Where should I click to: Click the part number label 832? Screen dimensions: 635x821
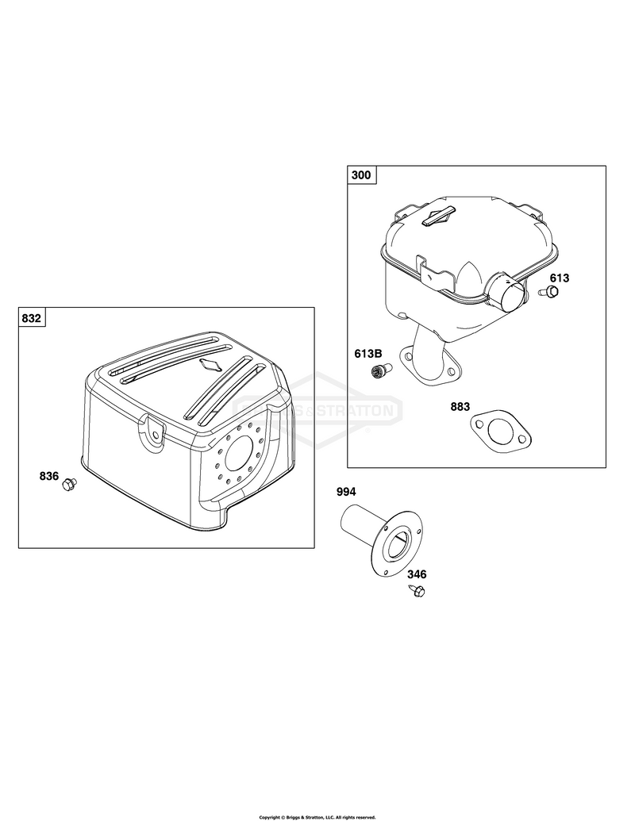(32, 318)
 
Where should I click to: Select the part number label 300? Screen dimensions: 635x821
(360, 175)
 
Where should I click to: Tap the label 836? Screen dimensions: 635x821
(48, 476)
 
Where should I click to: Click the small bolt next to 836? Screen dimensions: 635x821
(69, 485)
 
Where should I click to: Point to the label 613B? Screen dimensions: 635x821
(368, 354)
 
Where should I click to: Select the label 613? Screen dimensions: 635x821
(560, 278)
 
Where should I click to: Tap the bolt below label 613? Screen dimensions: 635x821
(550, 292)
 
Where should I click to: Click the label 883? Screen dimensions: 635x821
(460, 407)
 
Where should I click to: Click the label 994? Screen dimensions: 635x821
(346, 492)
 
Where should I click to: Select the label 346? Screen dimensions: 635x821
(417, 574)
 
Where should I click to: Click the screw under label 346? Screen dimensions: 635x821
(418, 591)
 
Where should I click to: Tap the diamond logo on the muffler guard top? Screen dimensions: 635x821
(212, 364)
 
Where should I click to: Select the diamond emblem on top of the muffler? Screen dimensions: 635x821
(437, 217)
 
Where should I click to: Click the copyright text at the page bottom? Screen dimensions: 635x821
(317, 817)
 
